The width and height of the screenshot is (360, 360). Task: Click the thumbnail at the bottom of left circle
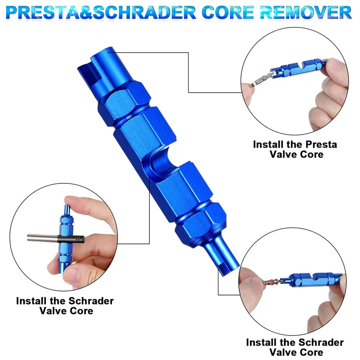[x=74, y=275]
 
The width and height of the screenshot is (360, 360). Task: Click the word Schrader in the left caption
[x=91, y=301]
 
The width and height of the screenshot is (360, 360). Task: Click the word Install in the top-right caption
[x=268, y=144]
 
